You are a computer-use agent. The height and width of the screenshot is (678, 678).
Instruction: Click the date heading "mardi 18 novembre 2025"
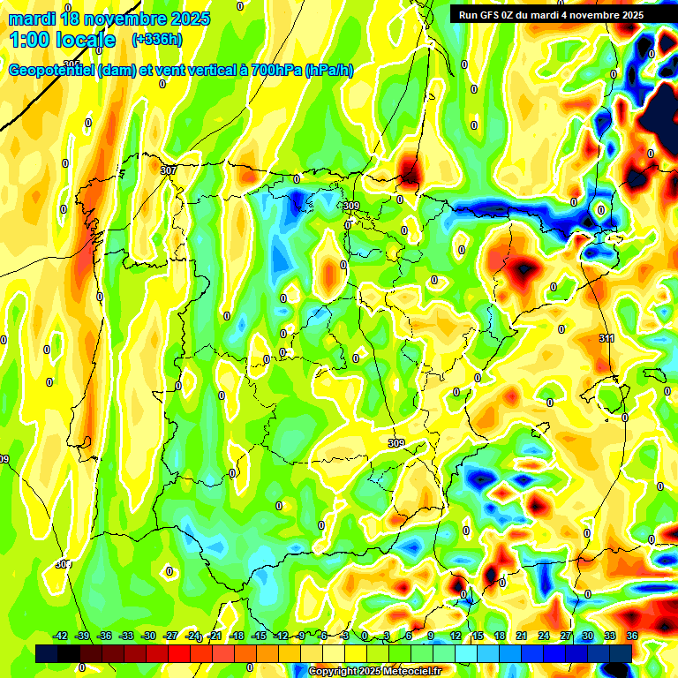(x=109, y=19)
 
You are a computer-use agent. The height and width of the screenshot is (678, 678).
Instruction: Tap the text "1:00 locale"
(x=62, y=40)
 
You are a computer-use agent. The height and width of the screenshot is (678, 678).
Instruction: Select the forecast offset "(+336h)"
(x=156, y=40)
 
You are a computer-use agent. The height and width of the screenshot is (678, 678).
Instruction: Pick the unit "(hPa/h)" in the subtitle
(x=328, y=71)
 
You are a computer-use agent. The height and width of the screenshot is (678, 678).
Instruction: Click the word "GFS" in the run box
(x=493, y=15)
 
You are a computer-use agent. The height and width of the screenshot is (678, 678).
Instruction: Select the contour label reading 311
(x=606, y=339)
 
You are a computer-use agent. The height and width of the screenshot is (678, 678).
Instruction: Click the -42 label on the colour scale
(x=60, y=636)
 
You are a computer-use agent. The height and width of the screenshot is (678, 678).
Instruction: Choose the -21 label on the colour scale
(x=215, y=636)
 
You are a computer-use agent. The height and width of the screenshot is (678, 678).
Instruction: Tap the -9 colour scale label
(x=301, y=636)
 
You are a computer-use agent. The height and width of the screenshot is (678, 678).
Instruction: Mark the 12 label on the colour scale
(x=456, y=636)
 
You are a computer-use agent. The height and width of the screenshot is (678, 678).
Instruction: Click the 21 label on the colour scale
(x=522, y=636)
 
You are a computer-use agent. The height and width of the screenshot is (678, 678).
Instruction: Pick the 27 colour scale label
(x=566, y=636)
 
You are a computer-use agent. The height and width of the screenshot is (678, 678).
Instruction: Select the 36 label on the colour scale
(x=632, y=636)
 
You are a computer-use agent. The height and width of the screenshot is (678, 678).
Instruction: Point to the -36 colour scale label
(x=104, y=636)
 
